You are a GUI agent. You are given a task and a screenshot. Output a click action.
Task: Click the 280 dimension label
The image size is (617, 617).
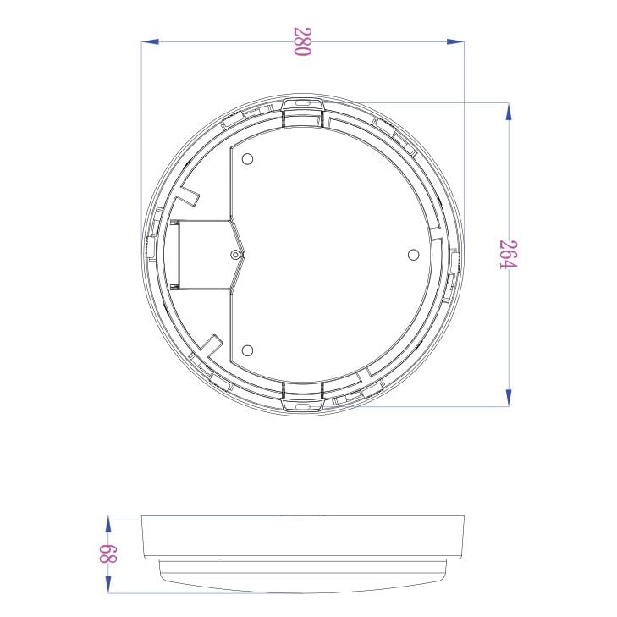(303, 41)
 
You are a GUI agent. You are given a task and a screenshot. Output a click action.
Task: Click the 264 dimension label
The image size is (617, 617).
(508, 254)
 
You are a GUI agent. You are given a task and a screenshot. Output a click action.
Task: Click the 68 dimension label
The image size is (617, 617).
(107, 554)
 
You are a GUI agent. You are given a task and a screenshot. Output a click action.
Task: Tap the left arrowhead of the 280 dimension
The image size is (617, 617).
(150, 41)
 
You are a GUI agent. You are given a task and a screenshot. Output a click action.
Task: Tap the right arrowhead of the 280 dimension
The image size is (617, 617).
(455, 41)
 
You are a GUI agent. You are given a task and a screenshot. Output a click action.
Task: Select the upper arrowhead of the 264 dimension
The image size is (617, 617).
(509, 112)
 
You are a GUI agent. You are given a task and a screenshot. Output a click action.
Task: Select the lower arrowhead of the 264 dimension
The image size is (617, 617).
(509, 398)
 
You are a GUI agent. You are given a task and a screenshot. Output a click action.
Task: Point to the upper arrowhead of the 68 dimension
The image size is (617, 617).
(107, 524)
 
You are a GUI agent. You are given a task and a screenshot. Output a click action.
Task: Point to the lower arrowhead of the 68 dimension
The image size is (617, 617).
(107, 584)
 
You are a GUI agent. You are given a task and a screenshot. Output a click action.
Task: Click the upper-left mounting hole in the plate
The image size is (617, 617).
(247, 159)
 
